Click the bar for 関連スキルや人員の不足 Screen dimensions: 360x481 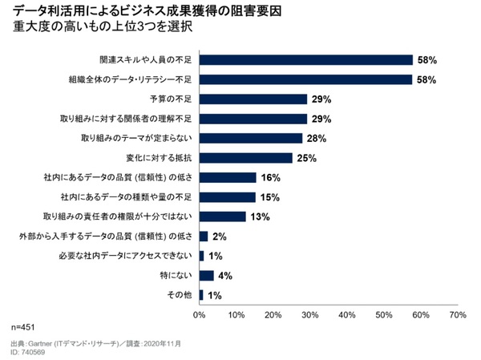pyautogui.click(x=305, y=60)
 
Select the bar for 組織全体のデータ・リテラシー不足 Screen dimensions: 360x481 pyautogui.click(x=305, y=79)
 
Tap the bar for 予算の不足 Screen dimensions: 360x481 pyautogui.click(x=253, y=99)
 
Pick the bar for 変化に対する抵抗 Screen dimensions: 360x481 pyautogui.click(x=245, y=158)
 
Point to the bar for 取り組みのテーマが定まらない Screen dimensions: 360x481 pyautogui.click(x=251, y=138)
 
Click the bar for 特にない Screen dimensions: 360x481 pyautogui.click(x=206, y=275)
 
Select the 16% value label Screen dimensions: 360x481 pyautogui.click(x=269, y=177)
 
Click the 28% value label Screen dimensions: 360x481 pyautogui.click(x=314, y=138)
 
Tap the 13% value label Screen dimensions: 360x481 pyautogui.click(x=258, y=216)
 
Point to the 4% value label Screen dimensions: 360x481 pyautogui.click(x=225, y=275)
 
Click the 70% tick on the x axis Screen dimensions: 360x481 pyautogui.click(x=457, y=315)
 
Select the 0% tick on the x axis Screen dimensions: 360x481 pyautogui.click(x=200, y=315)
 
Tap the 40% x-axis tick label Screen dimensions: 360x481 pyautogui.click(x=346, y=315)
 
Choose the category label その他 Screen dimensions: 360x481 pyautogui.click(x=178, y=295)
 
